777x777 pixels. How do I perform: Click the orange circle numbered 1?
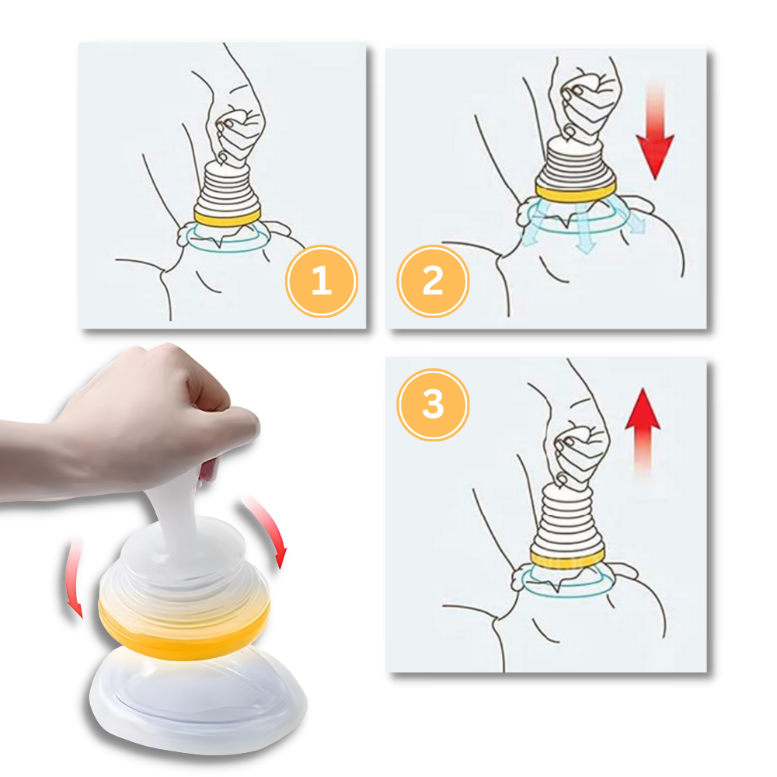[322, 281]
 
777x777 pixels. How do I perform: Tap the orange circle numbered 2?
[433, 281]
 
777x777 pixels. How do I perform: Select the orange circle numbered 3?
[433, 404]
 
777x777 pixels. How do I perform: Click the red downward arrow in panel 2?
[655, 131]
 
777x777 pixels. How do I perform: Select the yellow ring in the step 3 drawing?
[568, 556]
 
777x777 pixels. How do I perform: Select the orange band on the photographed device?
[184, 629]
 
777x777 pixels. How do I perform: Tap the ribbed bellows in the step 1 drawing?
[227, 188]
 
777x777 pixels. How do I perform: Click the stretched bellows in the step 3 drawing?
[568, 515]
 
